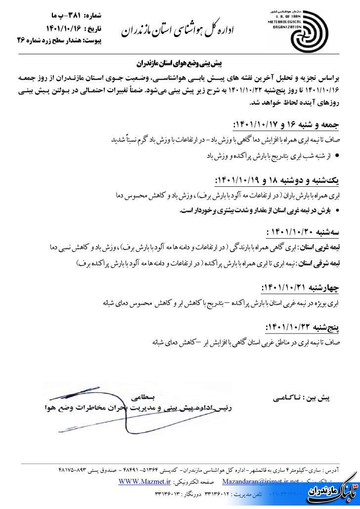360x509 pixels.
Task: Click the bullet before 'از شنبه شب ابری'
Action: tap(337, 156)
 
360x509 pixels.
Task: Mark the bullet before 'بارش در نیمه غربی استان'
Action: tap(337, 211)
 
